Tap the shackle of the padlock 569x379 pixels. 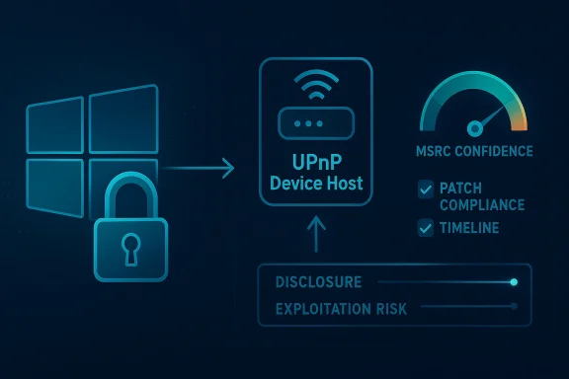click(130, 197)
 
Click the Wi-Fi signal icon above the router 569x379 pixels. click(314, 91)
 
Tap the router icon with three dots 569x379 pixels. click(314, 124)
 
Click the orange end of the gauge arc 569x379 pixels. click(520, 116)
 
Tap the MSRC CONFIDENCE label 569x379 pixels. click(476, 151)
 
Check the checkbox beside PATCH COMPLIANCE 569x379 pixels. click(426, 187)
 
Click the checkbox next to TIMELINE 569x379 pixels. click(426, 228)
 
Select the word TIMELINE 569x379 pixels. click(471, 228)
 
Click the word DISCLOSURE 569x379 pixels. click(320, 282)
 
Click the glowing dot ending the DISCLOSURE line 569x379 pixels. click(513, 283)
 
